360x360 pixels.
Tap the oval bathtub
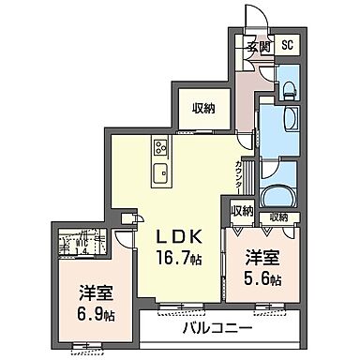278,195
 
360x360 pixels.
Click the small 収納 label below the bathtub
277,217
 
